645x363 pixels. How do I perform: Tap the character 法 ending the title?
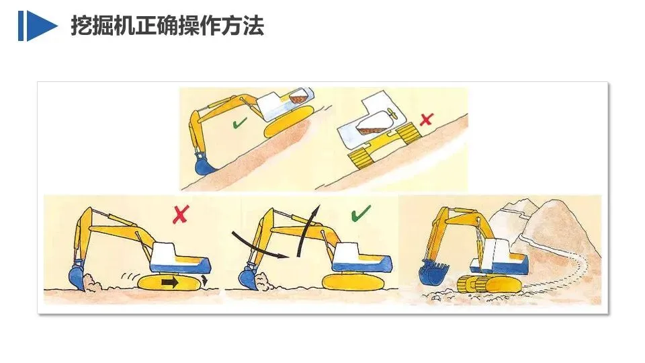[253, 26]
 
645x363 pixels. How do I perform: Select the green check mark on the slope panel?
[239, 122]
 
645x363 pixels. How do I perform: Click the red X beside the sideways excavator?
[427, 120]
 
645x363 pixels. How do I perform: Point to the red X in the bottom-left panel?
[180, 214]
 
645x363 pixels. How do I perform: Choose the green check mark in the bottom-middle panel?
[361, 213]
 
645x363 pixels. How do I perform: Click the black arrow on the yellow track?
[169, 283]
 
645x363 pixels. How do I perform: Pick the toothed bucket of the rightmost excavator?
[432, 272]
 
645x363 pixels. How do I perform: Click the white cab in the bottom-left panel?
[167, 253]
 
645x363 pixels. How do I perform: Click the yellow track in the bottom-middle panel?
[354, 282]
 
